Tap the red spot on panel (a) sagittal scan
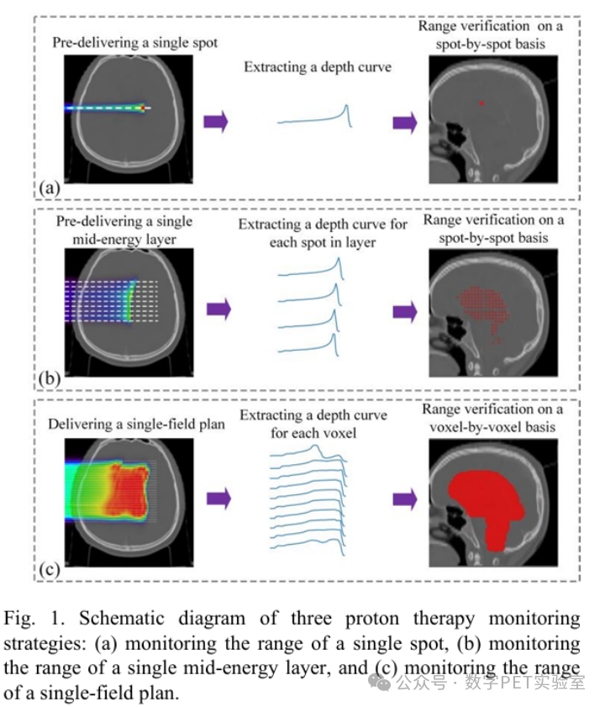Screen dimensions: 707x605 tap(481, 103)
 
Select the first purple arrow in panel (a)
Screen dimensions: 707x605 tap(216, 121)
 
